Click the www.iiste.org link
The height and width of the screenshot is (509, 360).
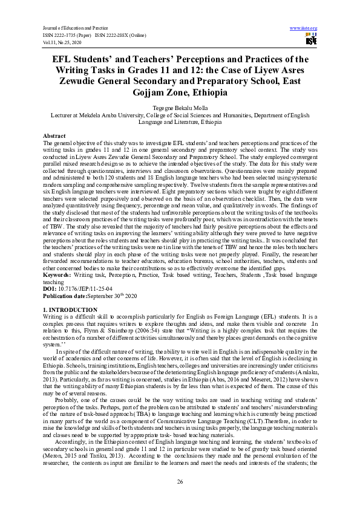304,28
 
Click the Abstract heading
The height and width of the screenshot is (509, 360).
54,135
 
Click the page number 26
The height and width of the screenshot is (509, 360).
180,481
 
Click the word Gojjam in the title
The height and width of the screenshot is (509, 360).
154,93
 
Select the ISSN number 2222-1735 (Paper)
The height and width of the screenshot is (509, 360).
71,35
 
